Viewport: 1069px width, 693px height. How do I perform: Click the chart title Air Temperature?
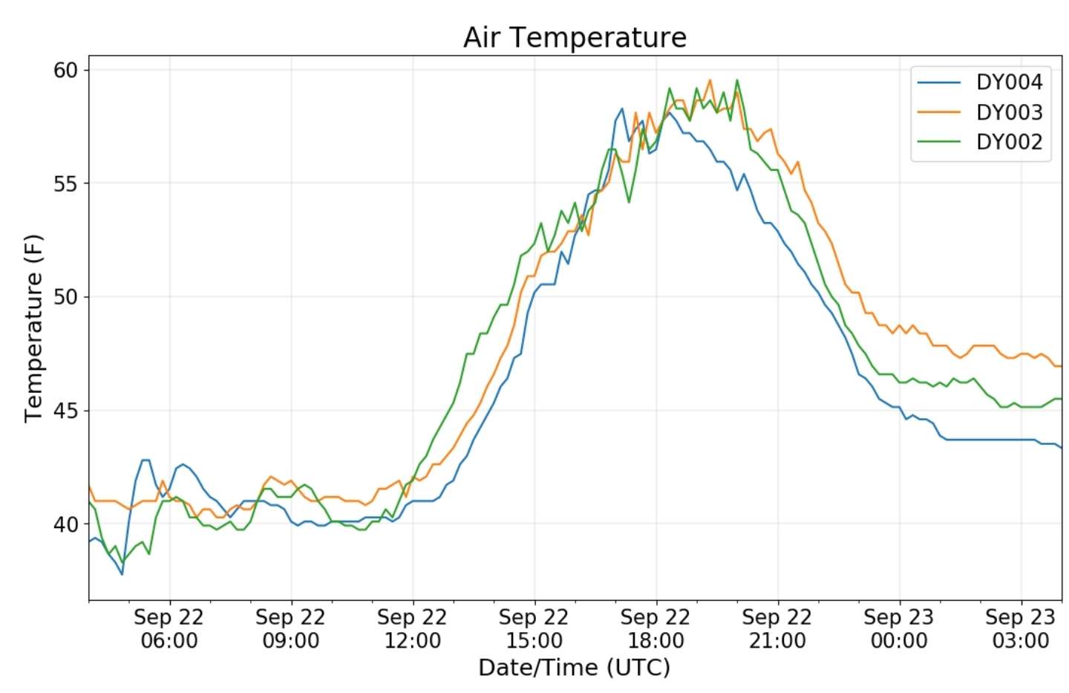tap(575, 37)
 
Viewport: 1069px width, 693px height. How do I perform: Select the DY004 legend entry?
tap(980, 82)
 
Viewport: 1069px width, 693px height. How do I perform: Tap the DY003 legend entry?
tap(980, 113)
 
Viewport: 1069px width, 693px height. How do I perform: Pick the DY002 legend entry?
tap(980, 143)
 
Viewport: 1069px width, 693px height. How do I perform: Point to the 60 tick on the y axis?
tap(65, 71)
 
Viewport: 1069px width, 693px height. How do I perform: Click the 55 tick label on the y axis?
tap(65, 184)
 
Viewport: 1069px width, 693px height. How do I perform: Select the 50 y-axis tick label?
tap(65, 297)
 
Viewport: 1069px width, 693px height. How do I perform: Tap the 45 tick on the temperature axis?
tap(65, 411)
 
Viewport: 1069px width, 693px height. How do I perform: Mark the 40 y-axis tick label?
tap(65, 524)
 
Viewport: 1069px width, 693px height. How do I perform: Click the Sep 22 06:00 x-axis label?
tap(169, 629)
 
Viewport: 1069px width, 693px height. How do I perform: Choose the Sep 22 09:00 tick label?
tap(291, 629)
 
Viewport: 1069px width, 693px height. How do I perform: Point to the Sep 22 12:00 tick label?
tap(412, 629)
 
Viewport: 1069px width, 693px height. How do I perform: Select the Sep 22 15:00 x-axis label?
tap(534, 629)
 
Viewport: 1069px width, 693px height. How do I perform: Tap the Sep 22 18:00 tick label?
tap(656, 629)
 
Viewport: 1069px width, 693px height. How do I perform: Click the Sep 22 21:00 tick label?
tap(777, 629)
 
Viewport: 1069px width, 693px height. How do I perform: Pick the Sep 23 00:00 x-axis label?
tap(899, 629)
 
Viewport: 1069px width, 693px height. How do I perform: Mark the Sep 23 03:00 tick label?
tap(1021, 629)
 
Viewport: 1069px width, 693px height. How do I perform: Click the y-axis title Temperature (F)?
tap(33, 328)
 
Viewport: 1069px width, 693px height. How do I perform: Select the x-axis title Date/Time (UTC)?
tap(575, 668)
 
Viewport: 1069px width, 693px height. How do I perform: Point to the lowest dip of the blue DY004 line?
tap(122, 574)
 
